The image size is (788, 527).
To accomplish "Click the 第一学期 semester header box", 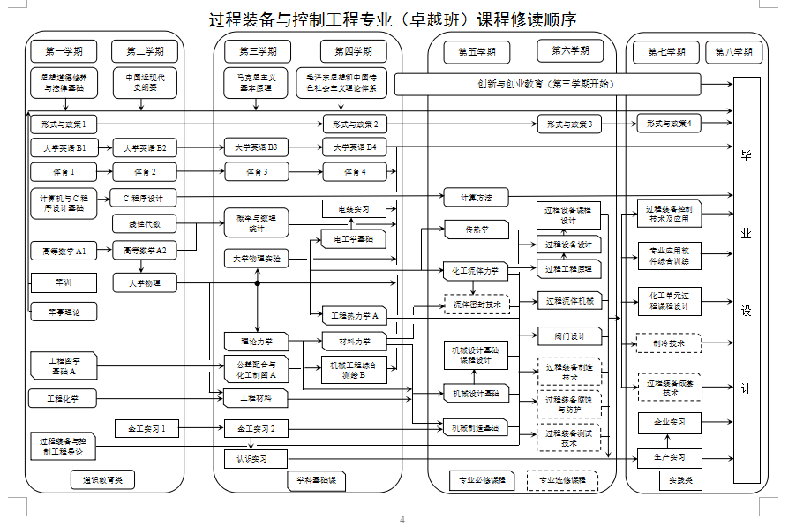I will (64, 51).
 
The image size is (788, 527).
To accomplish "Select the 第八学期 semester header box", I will (734, 52).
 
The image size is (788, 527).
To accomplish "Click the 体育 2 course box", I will (146, 171).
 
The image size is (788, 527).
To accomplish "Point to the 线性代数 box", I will (146, 223).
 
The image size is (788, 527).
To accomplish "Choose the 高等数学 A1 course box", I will (64, 252).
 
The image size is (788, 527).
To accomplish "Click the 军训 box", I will (64, 282).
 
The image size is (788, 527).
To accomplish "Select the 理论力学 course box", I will (257, 341).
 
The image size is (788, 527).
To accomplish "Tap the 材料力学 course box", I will (353, 341).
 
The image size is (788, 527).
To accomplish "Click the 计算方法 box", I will (477, 196).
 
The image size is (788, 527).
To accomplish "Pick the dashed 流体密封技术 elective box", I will (477, 304).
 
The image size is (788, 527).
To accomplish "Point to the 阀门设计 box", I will (569, 335).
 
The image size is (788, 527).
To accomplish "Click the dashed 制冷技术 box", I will (668, 343).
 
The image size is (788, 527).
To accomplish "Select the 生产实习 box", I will (669, 457).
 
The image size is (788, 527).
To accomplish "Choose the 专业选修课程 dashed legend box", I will (561, 480).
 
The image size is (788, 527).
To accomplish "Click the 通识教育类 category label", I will (103, 480).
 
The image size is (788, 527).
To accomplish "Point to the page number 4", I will (402, 519).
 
